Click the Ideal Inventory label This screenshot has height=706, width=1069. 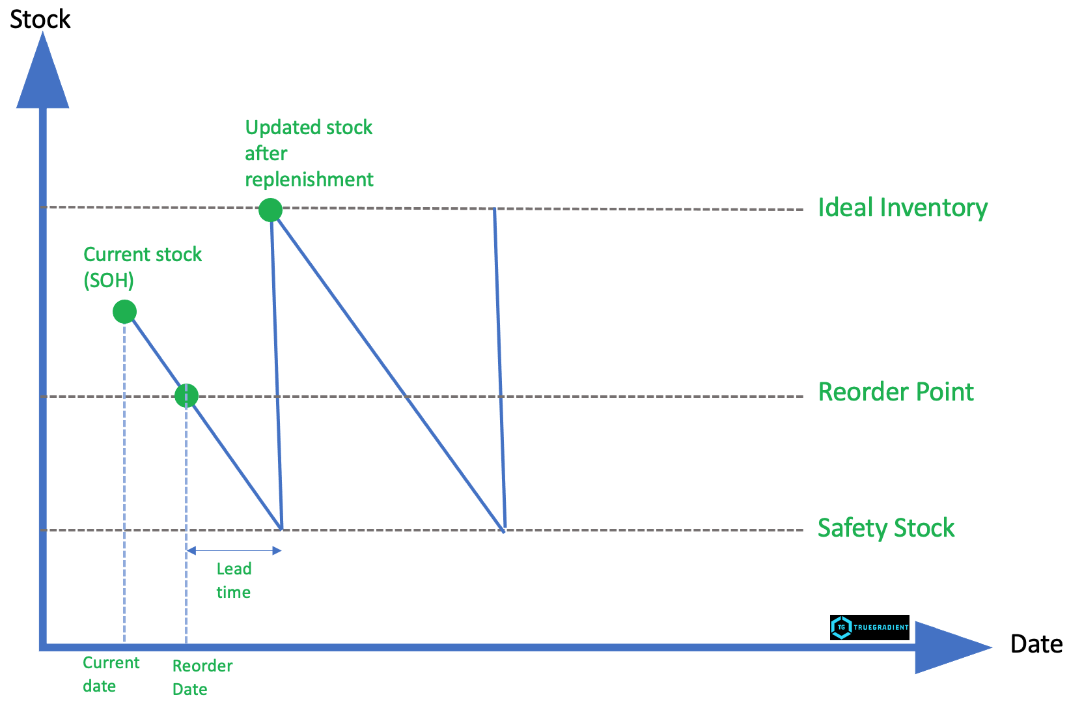[902, 208]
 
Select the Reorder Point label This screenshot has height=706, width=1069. [896, 392]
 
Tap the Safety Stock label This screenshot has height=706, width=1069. [886, 528]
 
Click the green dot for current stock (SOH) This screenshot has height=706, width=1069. [124, 312]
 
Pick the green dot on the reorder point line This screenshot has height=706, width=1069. [186, 395]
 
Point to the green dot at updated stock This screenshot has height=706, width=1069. [270, 210]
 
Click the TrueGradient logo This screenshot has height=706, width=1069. [869, 627]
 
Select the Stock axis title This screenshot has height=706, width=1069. [40, 20]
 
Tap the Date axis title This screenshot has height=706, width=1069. [1036, 644]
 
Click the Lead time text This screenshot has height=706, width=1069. [234, 580]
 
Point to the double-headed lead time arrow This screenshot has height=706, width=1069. [234, 551]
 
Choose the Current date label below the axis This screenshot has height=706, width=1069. [111, 674]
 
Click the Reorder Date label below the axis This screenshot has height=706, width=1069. [202, 677]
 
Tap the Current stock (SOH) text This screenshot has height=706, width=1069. [143, 267]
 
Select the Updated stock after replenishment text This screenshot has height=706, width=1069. [309, 153]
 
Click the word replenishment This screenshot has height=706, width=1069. [309, 180]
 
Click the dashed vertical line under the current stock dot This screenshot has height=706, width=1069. [124, 482]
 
